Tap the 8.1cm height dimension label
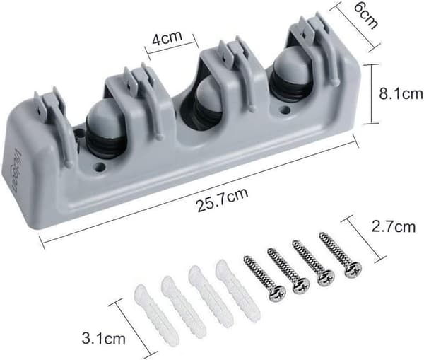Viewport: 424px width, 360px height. click(x=401, y=93)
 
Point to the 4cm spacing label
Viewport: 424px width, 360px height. click(x=167, y=38)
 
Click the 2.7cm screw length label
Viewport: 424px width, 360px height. click(x=394, y=226)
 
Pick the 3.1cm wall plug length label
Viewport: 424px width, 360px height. click(x=104, y=338)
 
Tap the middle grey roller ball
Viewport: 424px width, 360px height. click(x=208, y=95)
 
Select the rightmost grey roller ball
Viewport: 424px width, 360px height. click(x=292, y=66)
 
